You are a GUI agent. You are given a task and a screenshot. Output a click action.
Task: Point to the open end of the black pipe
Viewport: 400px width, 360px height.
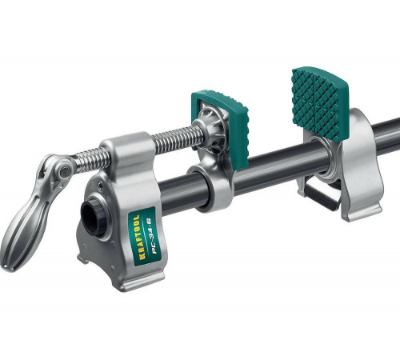click(94, 217)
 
